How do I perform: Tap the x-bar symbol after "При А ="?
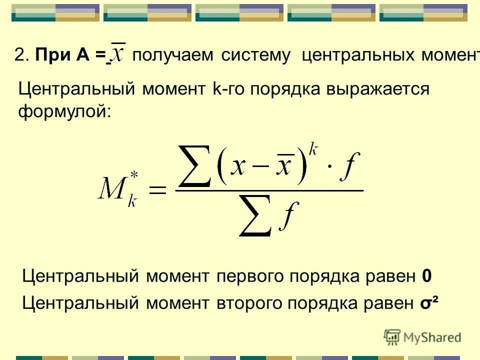point(118,54)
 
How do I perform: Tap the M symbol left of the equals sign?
point(113,191)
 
